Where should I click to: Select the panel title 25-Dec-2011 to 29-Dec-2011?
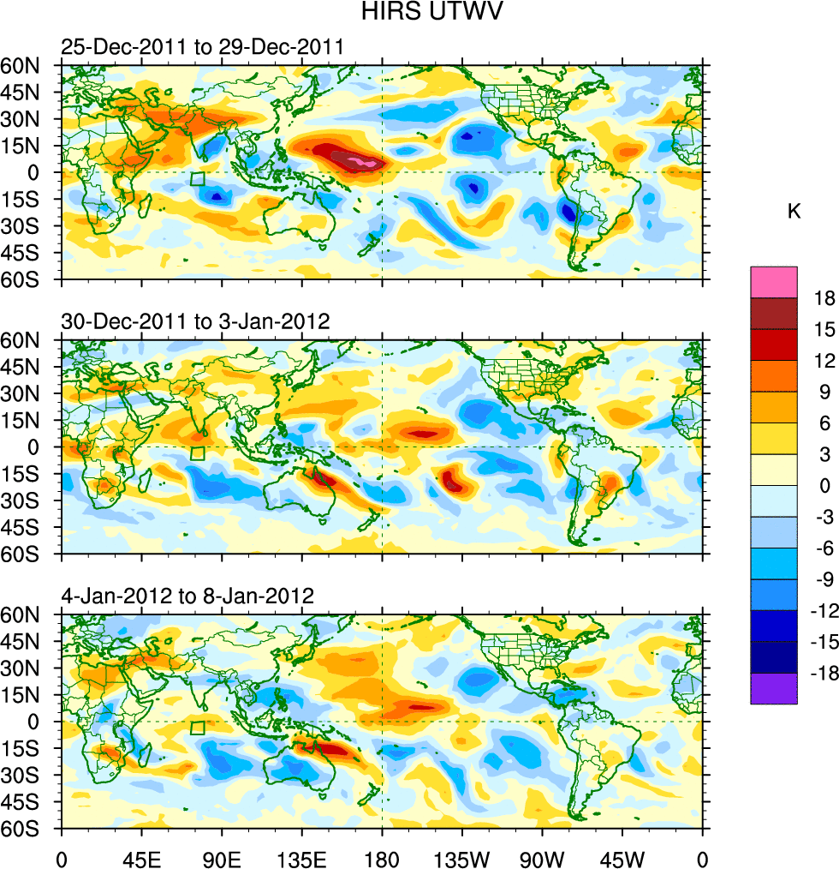(202, 47)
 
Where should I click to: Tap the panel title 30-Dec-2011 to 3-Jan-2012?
(196, 322)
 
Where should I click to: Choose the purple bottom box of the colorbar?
(773, 688)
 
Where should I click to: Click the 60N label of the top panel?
(27, 65)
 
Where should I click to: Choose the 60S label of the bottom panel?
(27, 829)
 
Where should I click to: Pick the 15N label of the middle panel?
(27, 420)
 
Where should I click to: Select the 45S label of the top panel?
(27, 252)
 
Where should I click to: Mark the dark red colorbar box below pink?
(773, 313)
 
